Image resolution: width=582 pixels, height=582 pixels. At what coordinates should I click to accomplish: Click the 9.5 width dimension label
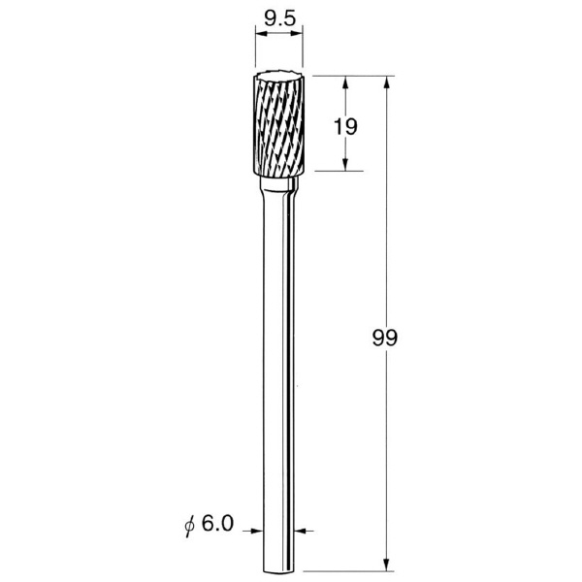click(280, 17)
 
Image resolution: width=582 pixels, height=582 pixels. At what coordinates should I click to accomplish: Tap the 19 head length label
click(345, 126)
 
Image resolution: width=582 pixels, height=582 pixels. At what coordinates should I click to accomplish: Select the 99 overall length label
click(385, 338)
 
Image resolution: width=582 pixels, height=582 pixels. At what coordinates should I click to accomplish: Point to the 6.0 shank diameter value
click(218, 524)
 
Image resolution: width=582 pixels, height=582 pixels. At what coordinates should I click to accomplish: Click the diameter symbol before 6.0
click(190, 526)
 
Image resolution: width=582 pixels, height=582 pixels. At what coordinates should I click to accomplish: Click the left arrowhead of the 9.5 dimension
click(261, 34)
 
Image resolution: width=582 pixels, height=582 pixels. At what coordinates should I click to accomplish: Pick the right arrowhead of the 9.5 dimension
click(297, 34)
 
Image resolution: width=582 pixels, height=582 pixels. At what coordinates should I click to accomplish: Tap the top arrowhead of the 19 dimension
click(345, 82)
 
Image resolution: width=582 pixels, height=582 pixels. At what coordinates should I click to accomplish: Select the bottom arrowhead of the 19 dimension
click(345, 165)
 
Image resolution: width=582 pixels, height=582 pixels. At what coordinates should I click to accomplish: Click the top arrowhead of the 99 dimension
click(386, 82)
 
